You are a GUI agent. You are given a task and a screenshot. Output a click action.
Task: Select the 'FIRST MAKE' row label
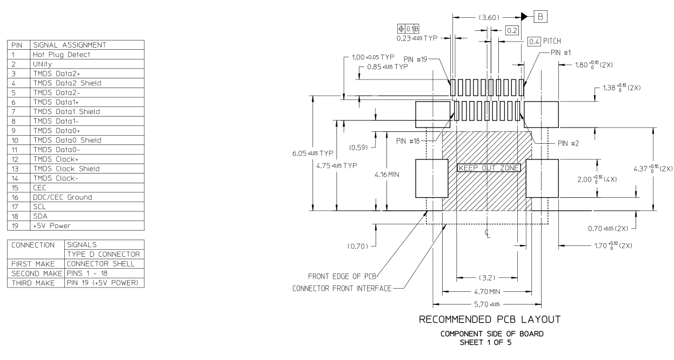coord(34,264)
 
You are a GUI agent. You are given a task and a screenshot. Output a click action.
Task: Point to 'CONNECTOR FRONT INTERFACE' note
coord(342,288)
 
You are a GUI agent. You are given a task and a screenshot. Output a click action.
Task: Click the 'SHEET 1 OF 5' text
coord(492,341)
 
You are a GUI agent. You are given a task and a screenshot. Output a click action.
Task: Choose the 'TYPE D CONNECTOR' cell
coord(103,254)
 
